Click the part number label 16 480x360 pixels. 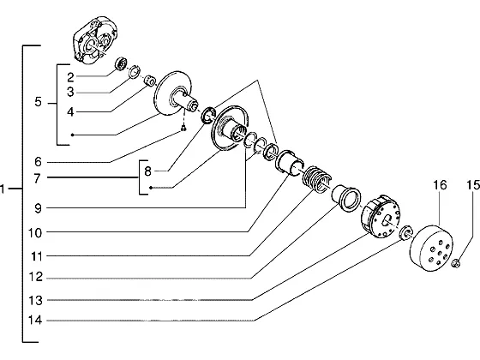[x=440, y=185]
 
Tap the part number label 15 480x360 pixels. [x=473, y=185]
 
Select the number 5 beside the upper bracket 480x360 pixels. [x=38, y=102]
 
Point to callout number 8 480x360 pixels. [x=147, y=171]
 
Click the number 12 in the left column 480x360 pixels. [x=35, y=277]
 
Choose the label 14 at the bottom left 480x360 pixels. [x=35, y=321]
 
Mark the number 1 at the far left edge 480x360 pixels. [x=3, y=189]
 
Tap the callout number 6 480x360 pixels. [x=38, y=162]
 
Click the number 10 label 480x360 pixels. [x=35, y=233]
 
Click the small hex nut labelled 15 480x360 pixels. [x=456, y=263]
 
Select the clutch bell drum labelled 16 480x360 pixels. [x=431, y=249]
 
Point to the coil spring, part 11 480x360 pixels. [x=316, y=180]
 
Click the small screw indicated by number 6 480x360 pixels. [x=183, y=129]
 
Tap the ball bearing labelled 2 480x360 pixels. [x=121, y=63]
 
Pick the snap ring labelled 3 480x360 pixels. [x=134, y=72]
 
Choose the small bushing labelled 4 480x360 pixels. [x=150, y=81]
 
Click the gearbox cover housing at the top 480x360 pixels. [x=95, y=40]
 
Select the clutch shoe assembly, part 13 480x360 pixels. [x=381, y=216]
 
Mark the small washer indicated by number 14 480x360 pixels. [x=406, y=233]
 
